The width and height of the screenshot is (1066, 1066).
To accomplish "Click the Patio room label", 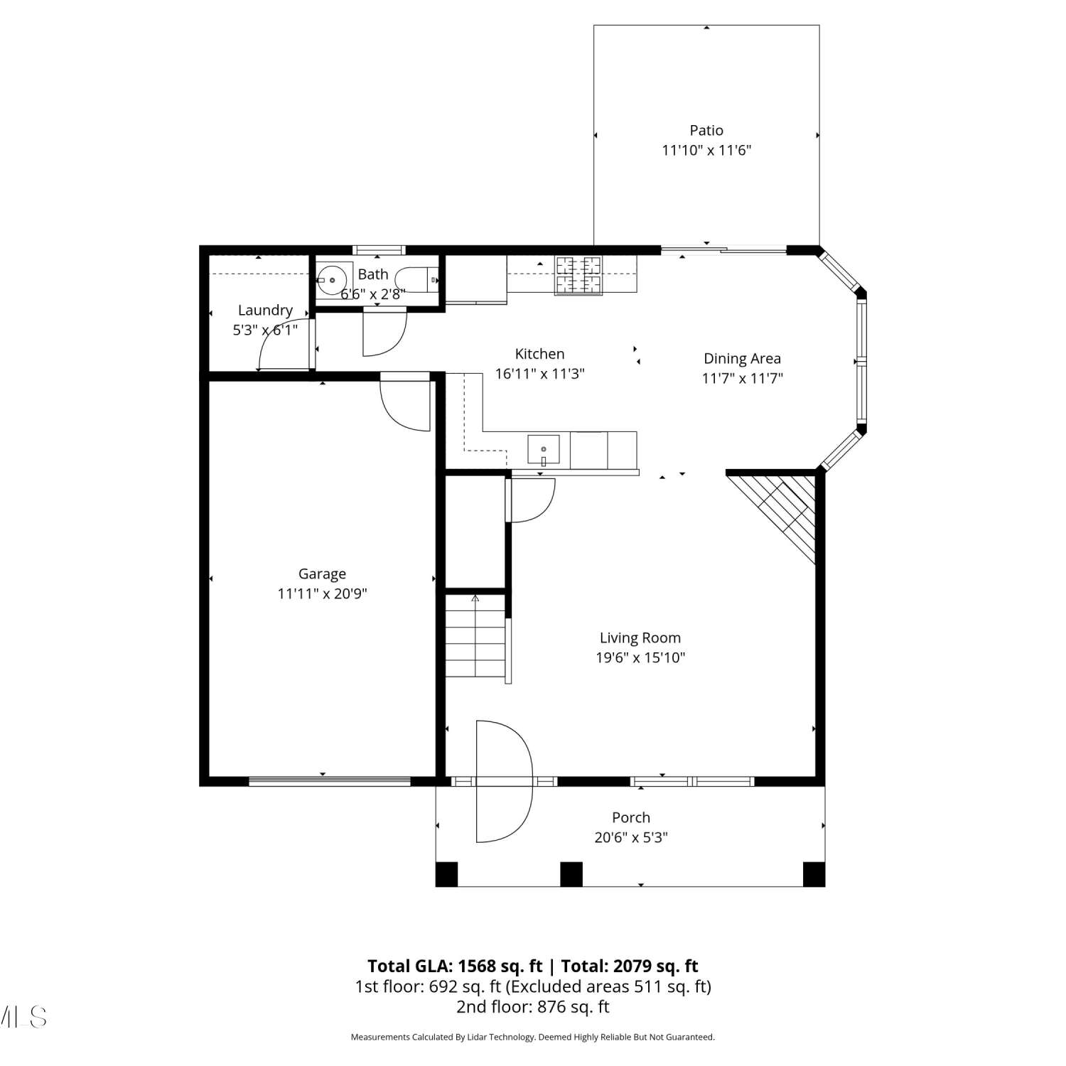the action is tap(706, 130).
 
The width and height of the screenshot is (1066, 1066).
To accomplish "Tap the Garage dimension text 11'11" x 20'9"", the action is tap(322, 593).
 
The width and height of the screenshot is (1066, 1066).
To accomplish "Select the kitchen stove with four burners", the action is tap(578, 274).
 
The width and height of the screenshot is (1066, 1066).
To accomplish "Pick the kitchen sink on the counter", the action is tap(544, 450).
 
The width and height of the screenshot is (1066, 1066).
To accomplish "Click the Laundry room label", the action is tap(265, 310).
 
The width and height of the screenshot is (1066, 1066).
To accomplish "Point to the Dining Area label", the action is tap(742, 358).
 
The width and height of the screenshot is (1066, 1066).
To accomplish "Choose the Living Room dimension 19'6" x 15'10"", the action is tap(640, 657).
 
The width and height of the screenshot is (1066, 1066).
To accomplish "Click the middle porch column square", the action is tap(571, 874).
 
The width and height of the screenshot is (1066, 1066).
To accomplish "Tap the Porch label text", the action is tap(631, 817).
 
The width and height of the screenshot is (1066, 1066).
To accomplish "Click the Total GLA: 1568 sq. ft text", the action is tap(455, 966).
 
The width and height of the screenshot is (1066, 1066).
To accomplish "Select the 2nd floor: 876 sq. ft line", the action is tap(533, 1006).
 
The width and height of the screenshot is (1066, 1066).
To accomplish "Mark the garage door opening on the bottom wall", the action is tap(330, 781).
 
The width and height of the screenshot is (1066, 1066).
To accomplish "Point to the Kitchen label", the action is tap(539, 354).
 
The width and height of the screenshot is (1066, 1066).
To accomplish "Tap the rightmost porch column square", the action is tap(814, 874).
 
